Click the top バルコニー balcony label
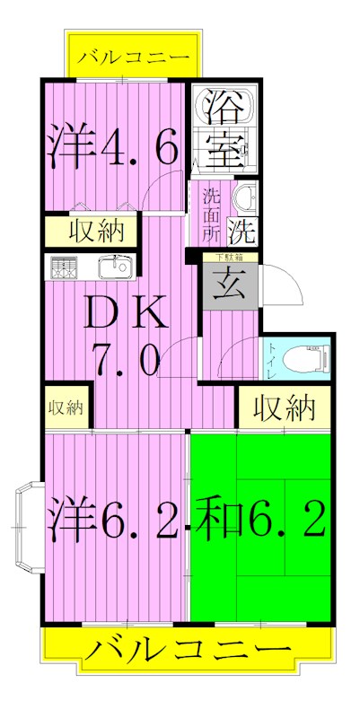click(133, 57)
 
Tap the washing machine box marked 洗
click(241, 232)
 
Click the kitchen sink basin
click(114, 267)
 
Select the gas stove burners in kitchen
click(63, 267)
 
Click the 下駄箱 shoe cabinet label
click(227, 258)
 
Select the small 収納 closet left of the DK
click(66, 409)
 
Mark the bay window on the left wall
click(27, 529)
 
